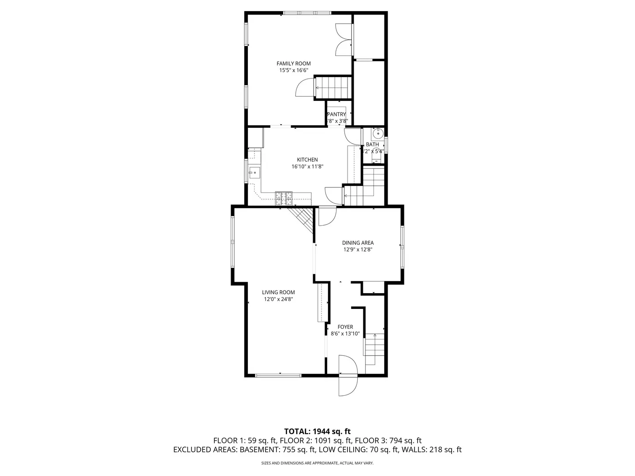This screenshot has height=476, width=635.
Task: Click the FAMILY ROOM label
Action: (x=293, y=63)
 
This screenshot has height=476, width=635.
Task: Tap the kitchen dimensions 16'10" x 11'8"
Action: (x=307, y=167)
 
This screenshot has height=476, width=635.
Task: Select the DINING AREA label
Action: (x=358, y=242)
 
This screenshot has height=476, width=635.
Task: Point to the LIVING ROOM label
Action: (x=278, y=292)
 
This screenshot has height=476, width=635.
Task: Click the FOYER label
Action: (x=345, y=327)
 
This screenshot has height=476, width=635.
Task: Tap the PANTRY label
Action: (x=336, y=115)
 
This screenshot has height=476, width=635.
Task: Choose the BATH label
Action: (x=372, y=145)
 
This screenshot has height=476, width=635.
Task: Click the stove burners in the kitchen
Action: (x=284, y=198)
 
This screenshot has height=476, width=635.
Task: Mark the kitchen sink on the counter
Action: (x=254, y=172)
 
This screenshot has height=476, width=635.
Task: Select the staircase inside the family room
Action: (x=333, y=87)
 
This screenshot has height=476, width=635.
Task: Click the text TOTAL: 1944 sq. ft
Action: (x=317, y=431)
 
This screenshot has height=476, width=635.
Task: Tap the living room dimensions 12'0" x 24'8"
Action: (x=278, y=299)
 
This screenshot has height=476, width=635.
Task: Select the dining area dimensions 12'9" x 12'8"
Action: (x=358, y=249)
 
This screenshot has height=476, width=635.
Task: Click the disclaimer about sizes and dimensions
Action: (x=317, y=463)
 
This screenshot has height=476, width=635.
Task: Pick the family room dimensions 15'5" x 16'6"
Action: (x=293, y=70)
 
